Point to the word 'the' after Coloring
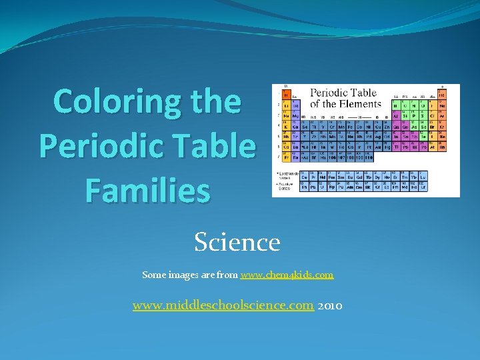[215, 102]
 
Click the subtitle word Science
[237, 241]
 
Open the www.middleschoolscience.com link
[223, 306]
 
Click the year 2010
[331, 306]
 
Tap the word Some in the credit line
[153, 275]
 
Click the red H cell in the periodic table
[287, 95]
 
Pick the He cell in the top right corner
[442, 95]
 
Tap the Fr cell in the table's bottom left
[287, 158]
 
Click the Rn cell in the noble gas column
[442, 147]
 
